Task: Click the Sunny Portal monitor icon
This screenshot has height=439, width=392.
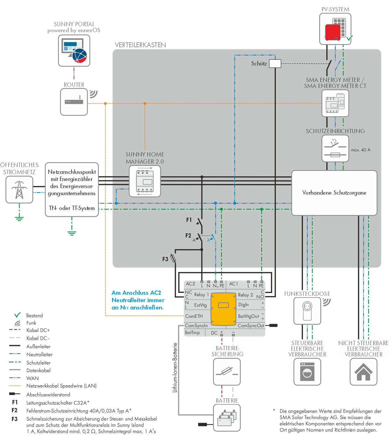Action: coord(74,51)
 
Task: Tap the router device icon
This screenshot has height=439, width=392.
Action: coord(74,102)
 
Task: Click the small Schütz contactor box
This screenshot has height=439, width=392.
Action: coord(275,63)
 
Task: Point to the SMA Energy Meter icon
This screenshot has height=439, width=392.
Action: coord(335,104)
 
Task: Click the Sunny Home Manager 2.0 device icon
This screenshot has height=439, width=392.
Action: coord(145,181)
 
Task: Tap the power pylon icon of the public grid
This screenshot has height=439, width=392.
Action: coord(19,189)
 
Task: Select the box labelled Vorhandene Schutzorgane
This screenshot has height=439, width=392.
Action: coord(334,193)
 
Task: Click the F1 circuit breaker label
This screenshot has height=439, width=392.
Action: coord(189,220)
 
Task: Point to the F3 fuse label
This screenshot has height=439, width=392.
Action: coord(165,259)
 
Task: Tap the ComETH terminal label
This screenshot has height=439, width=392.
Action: coord(194,316)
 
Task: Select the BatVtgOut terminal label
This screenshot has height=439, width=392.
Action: coord(248,316)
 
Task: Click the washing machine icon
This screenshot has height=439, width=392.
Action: coord(307,372)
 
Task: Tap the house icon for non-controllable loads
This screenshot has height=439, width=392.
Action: coord(363,372)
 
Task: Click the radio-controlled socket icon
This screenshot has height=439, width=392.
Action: coord(307,311)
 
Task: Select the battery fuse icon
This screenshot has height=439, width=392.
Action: coord(227,372)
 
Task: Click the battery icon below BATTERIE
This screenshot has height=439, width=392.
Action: coord(227,418)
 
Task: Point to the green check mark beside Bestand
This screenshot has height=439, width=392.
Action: coord(17,315)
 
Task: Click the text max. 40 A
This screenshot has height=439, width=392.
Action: coord(360,150)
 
